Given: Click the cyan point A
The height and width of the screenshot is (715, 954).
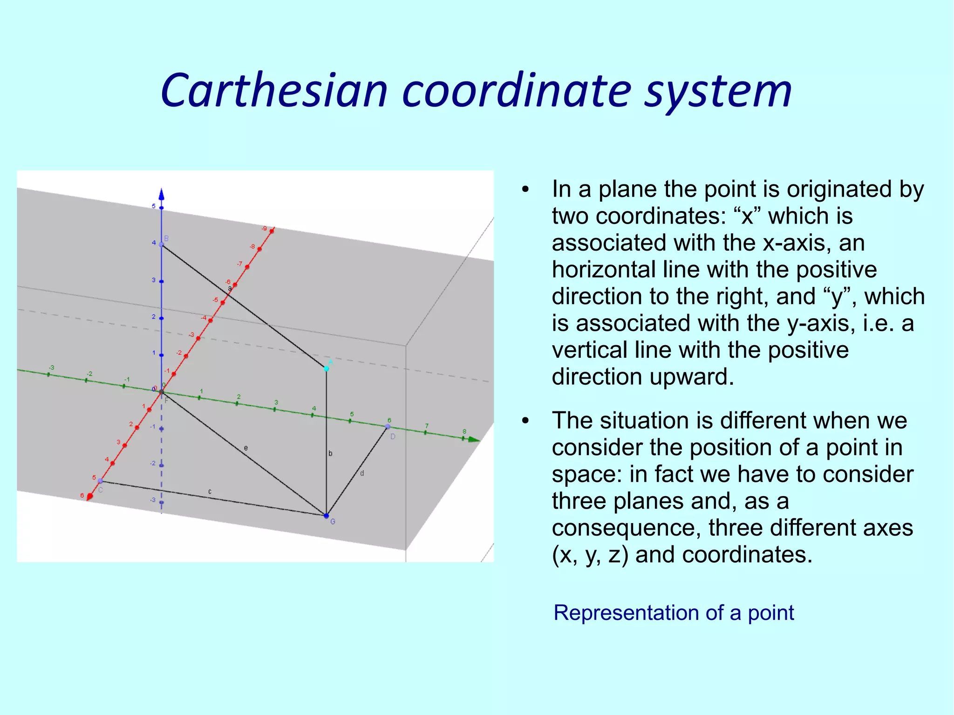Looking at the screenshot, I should [327, 368].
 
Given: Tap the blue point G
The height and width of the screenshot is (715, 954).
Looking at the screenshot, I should [326, 516].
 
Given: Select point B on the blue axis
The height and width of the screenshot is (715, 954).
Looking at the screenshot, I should [162, 245].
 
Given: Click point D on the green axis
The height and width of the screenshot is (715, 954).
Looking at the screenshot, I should [388, 426].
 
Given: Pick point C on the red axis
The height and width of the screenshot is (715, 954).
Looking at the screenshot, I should [101, 481].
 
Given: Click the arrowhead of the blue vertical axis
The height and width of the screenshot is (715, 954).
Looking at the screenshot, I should [162, 194].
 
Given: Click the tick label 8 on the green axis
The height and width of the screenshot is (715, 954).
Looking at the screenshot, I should [464, 431].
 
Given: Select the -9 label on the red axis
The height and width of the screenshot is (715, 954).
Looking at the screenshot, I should [264, 228].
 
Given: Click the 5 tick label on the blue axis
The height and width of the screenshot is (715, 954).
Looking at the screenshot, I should [154, 206].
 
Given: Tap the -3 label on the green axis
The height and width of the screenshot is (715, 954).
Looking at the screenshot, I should [51, 368].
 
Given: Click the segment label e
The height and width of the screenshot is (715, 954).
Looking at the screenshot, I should [246, 448].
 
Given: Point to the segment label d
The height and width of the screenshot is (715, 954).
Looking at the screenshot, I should [362, 473].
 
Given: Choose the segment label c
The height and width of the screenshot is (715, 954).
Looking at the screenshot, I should [210, 491].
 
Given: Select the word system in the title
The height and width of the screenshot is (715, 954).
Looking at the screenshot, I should [718, 91].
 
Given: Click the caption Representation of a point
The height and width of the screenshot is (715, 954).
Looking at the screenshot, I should [674, 613].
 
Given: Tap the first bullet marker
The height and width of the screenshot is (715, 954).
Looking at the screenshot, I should [526, 190].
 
